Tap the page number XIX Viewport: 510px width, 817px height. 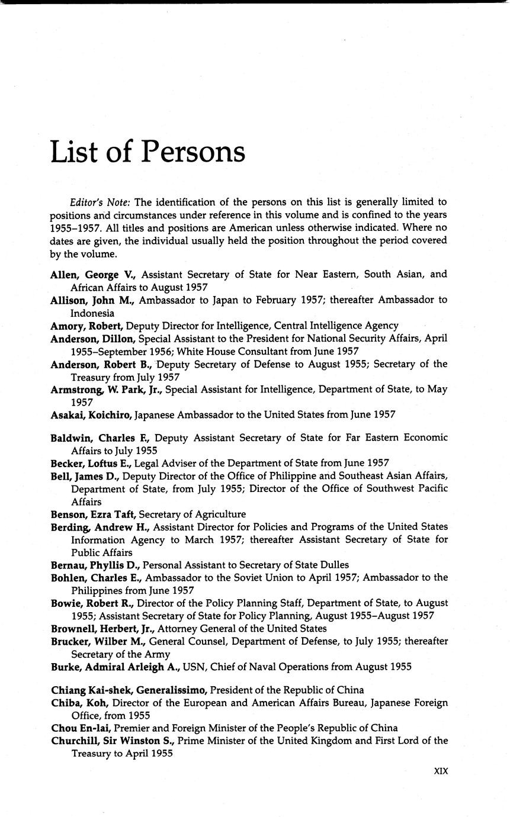[x=440, y=771]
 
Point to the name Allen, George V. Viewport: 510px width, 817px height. [x=94, y=274]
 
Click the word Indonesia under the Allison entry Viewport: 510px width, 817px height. [x=92, y=313]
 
